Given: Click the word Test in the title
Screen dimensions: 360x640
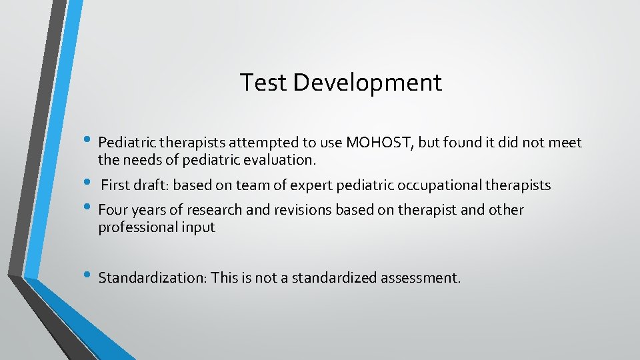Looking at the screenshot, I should coord(263,83).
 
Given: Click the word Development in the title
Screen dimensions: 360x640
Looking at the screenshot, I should coord(367,83).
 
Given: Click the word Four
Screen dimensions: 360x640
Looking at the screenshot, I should coord(113,211).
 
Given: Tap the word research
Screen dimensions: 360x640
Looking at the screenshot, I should coord(213,211).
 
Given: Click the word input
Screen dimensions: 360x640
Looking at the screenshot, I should coord(197,228).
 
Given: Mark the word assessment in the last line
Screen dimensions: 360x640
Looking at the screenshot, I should coord(420,277).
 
